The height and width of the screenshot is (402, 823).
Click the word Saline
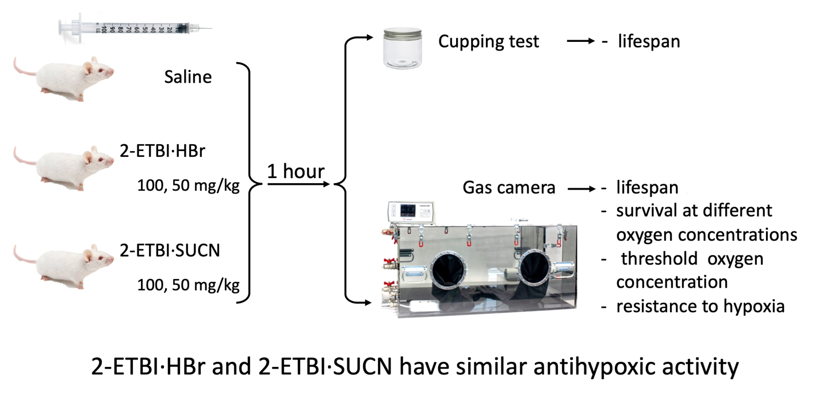pos(187,76)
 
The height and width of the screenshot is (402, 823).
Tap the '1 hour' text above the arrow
pos(296,171)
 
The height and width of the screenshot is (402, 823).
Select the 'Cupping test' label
pos(488,41)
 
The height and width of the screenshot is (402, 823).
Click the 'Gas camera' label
pos(509,188)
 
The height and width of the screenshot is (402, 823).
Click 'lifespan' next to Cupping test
pos(649,41)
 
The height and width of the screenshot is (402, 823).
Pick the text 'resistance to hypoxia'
pos(700,306)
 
